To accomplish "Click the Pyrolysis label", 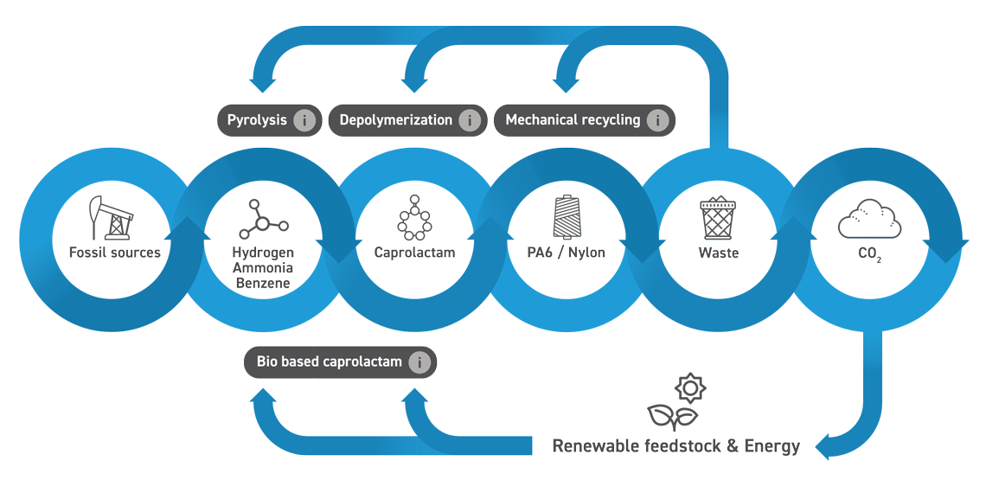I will point(257,120).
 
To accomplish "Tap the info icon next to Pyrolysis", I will point(304,121).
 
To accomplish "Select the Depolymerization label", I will point(395,120).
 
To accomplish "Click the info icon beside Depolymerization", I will point(470,121).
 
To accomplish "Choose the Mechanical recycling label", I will point(573,120).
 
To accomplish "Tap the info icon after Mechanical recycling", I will point(657,121).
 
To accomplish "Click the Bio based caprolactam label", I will point(329,362).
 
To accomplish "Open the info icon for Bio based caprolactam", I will point(419,362).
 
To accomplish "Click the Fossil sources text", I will point(115,253).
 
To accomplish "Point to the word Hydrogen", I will point(263,253).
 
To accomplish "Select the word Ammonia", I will point(263,267).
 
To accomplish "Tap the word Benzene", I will point(263,282).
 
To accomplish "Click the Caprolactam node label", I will point(414,253).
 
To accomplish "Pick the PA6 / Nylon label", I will point(566,253).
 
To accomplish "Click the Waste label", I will point(718,253).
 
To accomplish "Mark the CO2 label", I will point(868,253).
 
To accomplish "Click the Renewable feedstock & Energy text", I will point(675,446).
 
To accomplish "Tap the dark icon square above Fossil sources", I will point(112,217).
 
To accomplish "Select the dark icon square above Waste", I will point(718,217).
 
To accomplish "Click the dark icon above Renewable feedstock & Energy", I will point(676,400).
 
